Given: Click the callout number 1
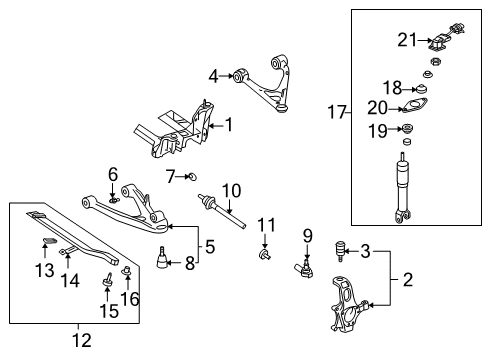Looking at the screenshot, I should (229, 126).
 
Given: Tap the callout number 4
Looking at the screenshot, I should (213, 76).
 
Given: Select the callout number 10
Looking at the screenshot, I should (231, 190).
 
